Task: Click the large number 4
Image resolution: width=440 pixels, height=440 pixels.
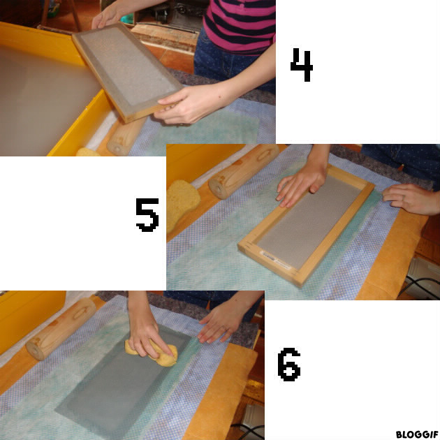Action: click(x=302, y=65)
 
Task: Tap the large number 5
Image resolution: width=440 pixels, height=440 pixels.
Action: click(x=147, y=215)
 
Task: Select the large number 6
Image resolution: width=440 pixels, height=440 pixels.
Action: click(x=288, y=365)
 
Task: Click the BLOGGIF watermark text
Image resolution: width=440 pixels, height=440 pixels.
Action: click(x=417, y=434)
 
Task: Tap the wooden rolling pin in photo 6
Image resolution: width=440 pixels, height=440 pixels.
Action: click(x=60, y=328)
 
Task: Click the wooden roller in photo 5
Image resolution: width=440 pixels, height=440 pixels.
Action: click(x=244, y=171)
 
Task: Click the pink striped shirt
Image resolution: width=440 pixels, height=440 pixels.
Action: click(x=240, y=25)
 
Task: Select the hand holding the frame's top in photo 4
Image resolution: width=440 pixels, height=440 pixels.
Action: click(x=108, y=17)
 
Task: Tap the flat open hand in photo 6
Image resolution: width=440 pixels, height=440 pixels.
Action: click(x=221, y=323)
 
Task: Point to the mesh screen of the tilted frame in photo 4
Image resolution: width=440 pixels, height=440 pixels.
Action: click(x=128, y=66)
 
